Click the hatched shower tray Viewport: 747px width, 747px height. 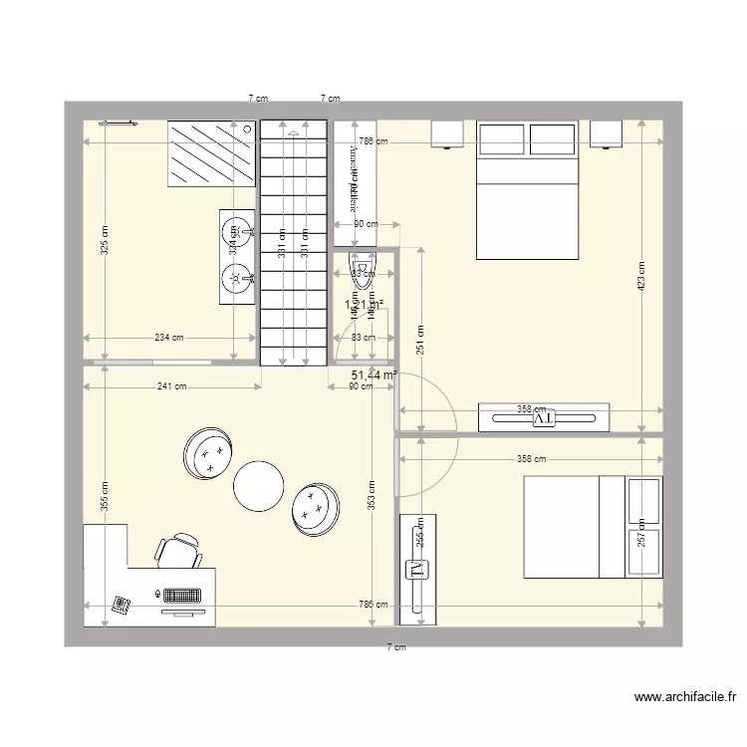[210, 153]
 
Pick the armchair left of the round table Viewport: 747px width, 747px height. [210, 453]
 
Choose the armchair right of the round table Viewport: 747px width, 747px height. [317, 506]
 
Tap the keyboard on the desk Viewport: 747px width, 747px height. [182, 595]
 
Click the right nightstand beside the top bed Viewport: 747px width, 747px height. [607, 132]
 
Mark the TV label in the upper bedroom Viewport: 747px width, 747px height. [544, 419]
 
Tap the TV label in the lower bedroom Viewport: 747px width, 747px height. [412, 570]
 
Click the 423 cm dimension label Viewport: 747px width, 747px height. [642, 276]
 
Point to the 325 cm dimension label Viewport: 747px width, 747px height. [105, 239]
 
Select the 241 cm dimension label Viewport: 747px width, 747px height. [173, 387]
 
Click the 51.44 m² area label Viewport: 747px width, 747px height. [373, 375]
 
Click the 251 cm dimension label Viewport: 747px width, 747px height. [421, 342]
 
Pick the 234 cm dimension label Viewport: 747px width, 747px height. [169, 338]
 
